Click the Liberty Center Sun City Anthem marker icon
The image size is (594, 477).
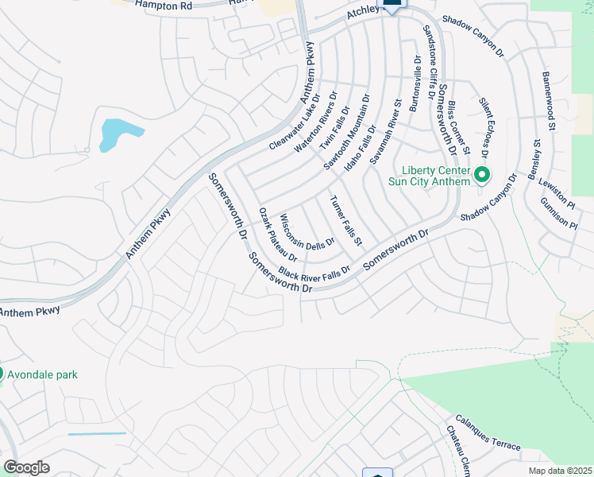pyautogui.click(x=480, y=175)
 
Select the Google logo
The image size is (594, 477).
pyautogui.click(x=26, y=467)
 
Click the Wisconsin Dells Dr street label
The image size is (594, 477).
pyautogui.click(x=302, y=233)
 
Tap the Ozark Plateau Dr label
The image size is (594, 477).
pyautogui.click(x=278, y=235)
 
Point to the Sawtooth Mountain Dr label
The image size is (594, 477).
pyautogui.click(x=347, y=132)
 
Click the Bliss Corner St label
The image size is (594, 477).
pyautogui.click(x=459, y=126)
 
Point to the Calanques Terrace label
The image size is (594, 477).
pyautogui.click(x=488, y=433)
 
